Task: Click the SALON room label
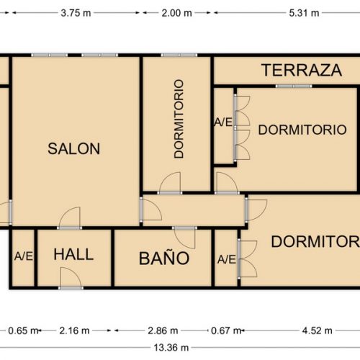[x=73, y=149]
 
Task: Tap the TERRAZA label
[x=301, y=71]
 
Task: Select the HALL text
[x=73, y=254]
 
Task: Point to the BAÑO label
[x=164, y=258]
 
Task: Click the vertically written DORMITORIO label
[x=179, y=119]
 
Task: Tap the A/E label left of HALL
[x=23, y=256]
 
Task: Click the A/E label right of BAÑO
[x=226, y=259]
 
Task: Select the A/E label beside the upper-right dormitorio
[x=223, y=122]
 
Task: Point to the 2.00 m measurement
[x=176, y=12]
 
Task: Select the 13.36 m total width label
[x=170, y=347]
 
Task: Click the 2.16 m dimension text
[x=74, y=331]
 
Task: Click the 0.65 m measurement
[x=24, y=331]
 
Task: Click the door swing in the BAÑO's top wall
[x=185, y=236]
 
